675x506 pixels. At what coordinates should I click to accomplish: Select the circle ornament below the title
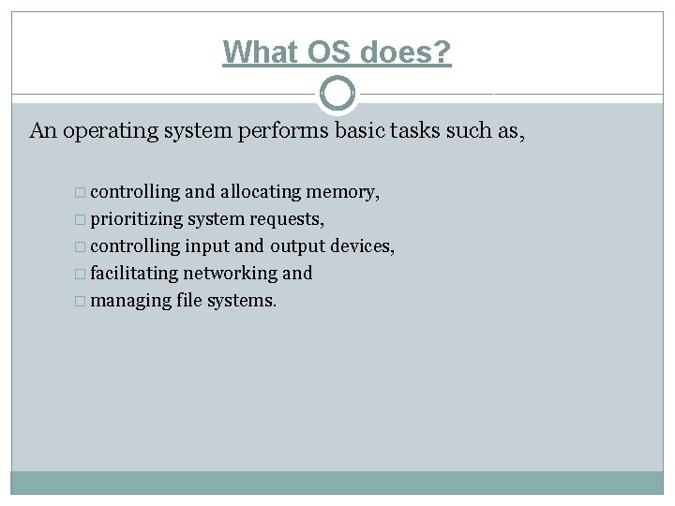[337, 93]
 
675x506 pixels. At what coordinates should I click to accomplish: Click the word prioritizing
[138, 219]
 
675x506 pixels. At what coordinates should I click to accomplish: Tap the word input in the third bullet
[206, 246]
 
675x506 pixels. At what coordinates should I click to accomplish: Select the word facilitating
[134, 274]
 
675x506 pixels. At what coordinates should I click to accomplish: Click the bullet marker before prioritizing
[82, 220]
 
